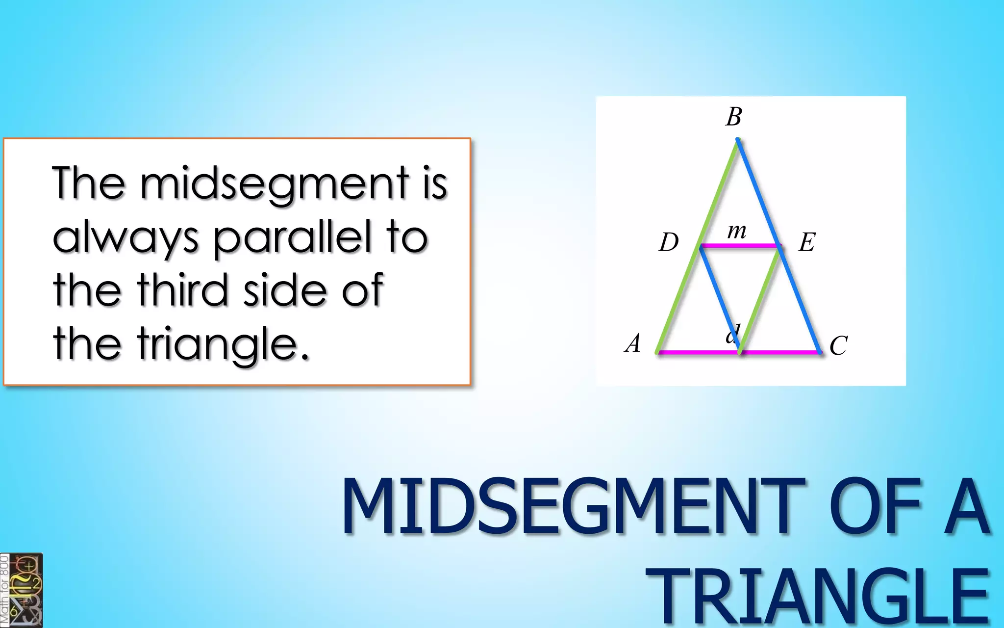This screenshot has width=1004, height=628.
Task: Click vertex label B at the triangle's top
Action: coord(734,117)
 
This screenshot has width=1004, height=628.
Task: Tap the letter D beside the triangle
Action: coord(668,242)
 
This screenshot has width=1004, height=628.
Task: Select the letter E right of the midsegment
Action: coord(807,242)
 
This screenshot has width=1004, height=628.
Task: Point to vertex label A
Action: coord(633,343)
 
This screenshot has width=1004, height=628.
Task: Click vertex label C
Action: coord(838,345)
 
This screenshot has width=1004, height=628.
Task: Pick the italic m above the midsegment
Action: coord(737,230)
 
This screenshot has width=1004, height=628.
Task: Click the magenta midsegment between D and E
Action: coord(740,245)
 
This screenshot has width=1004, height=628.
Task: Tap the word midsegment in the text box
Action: coord(274,184)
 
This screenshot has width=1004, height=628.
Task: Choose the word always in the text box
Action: coord(125,238)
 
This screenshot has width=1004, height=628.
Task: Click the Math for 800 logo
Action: coord(22,590)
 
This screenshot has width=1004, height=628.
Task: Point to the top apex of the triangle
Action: coord(737,141)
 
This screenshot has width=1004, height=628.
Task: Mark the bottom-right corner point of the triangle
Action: coord(820,352)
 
